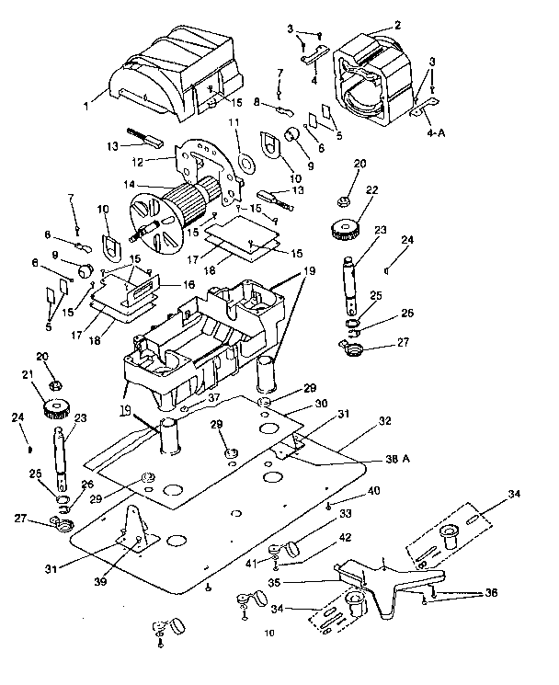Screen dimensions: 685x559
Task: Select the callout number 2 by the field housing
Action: click(x=397, y=28)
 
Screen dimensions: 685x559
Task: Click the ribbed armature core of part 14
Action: click(x=192, y=201)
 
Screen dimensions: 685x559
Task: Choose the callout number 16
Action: click(x=188, y=286)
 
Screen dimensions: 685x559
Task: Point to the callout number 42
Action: click(x=319, y=536)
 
